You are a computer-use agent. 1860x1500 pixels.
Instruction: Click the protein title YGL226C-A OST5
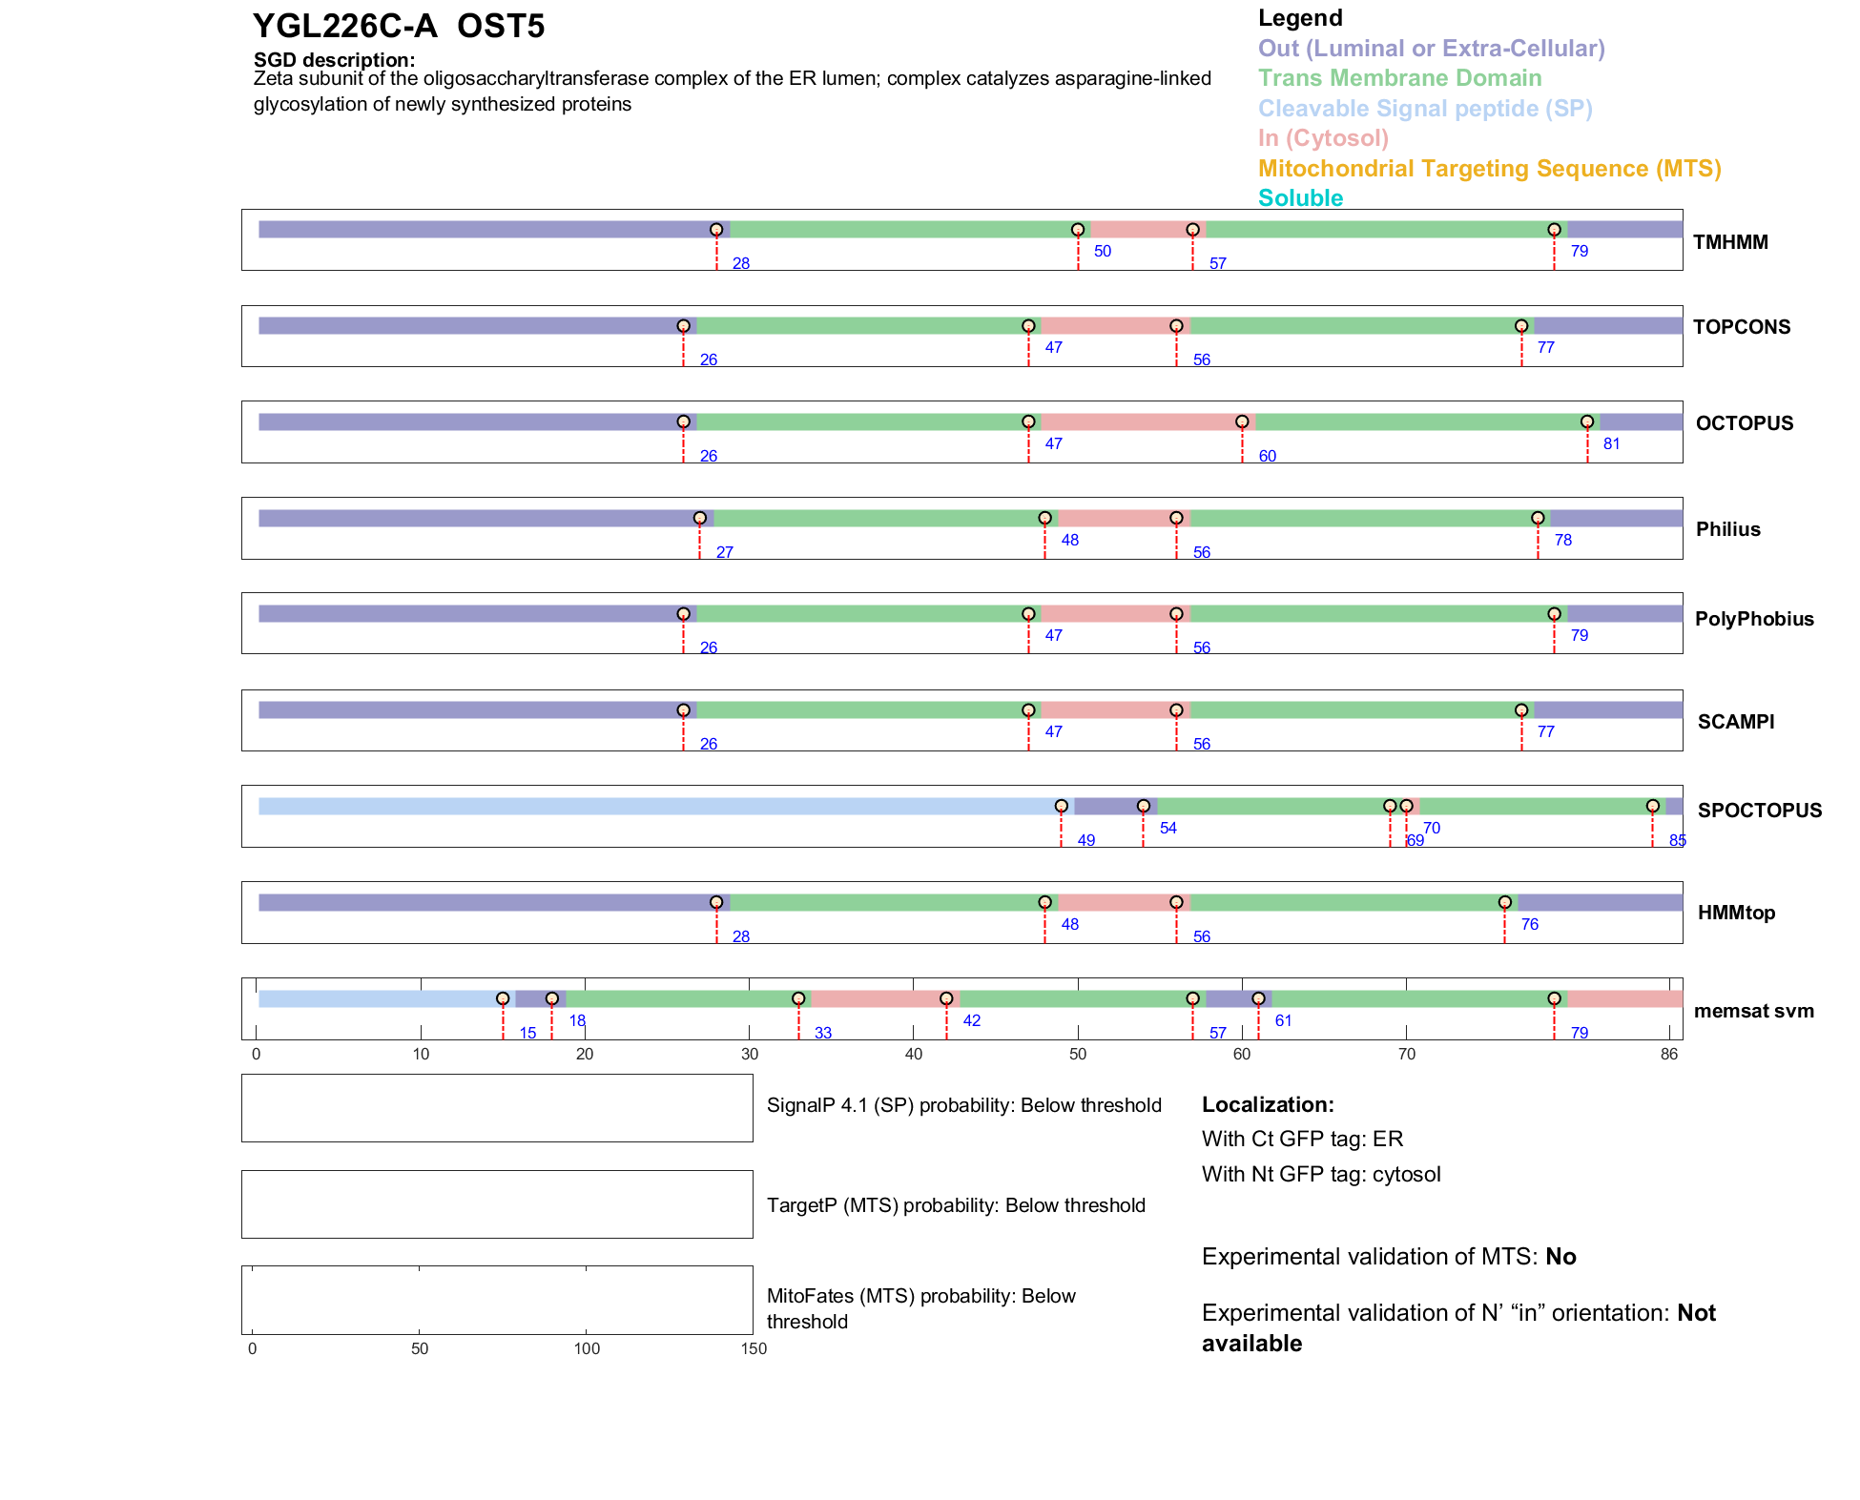pos(399,27)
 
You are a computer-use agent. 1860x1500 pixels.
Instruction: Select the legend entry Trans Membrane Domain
pos(1399,78)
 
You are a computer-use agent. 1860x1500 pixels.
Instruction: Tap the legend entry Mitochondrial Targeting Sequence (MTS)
pos(1489,169)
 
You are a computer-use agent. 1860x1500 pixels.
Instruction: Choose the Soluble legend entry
pos(1300,198)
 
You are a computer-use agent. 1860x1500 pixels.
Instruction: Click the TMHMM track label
pos(1730,242)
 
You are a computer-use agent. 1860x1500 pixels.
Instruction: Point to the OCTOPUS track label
pos(1744,423)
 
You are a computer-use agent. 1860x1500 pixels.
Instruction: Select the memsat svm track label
pos(1753,1011)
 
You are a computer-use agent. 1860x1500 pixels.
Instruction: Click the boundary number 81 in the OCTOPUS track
pos(1611,444)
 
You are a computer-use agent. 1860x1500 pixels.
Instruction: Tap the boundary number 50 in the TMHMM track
pos(1103,252)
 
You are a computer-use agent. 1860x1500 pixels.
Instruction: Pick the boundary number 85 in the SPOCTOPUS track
pos(1677,841)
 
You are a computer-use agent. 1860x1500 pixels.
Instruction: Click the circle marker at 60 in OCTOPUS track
pos(1242,422)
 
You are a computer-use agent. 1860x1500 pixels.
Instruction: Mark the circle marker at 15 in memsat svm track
pos(503,999)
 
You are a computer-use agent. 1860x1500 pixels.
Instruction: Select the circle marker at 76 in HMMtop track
pos(1504,903)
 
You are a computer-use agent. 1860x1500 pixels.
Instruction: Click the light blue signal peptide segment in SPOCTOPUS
pos(658,807)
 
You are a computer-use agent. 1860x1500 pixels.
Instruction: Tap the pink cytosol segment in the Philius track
pos(1117,519)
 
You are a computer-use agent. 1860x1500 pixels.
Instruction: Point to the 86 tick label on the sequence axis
pos(1668,1055)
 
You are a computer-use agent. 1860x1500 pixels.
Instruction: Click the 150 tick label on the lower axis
pos(754,1349)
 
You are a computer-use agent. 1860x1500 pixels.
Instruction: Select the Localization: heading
pos(1268,1105)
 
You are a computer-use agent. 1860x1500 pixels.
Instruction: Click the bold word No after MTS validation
pos(1560,1257)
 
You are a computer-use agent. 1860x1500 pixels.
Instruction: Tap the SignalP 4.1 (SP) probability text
pos(963,1106)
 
